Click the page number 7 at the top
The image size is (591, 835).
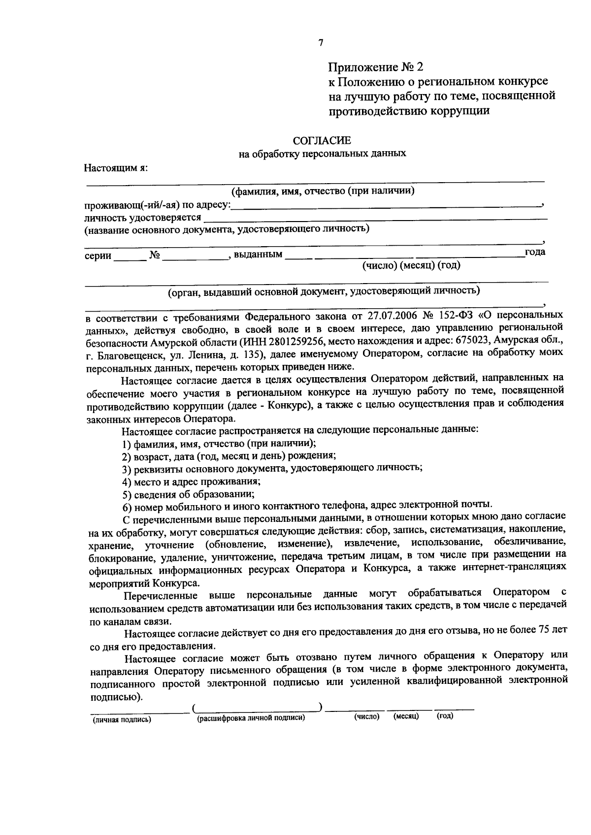(x=321, y=43)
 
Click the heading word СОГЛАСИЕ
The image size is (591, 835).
(x=322, y=141)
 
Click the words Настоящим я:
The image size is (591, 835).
(x=116, y=167)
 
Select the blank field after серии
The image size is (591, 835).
(x=130, y=257)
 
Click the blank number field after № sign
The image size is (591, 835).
(x=195, y=257)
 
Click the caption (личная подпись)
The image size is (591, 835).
(x=122, y=720)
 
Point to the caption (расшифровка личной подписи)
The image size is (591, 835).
(x=251, y=718)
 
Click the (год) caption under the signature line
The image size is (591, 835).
(x=445, y=716)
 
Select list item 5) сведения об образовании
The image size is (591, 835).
(x=189, y=494)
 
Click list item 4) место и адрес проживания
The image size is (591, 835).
(x=191, y=481)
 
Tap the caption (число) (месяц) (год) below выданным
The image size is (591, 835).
(x=411, y=266)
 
